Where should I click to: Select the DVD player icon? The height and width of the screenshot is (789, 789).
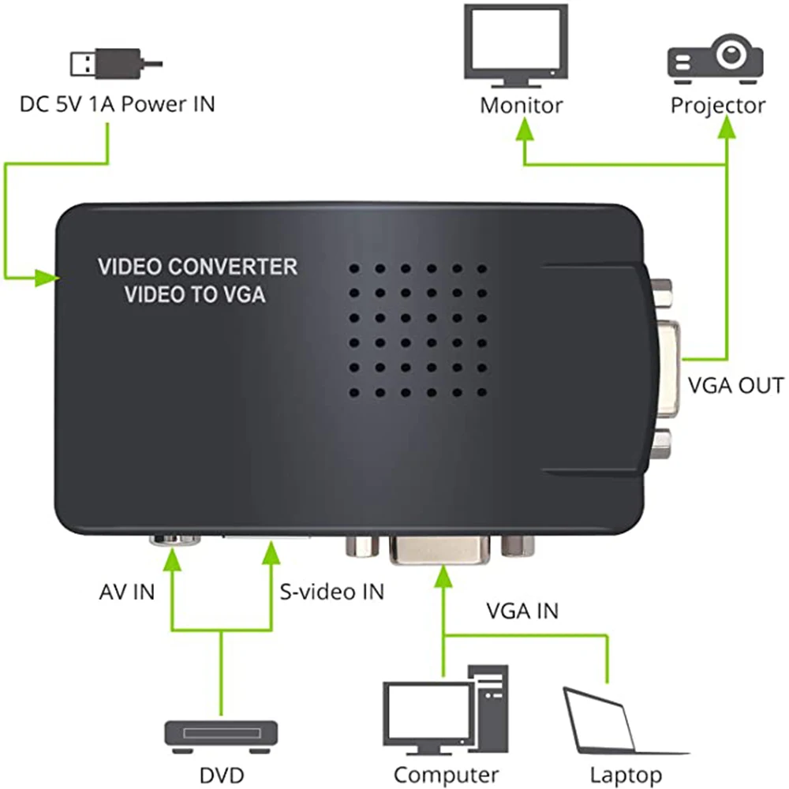point(221,735)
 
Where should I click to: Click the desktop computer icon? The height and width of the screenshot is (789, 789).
point(446,711)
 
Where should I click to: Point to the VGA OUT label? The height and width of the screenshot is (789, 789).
point(735,386)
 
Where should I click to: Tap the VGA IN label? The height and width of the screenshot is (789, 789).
point(522,610)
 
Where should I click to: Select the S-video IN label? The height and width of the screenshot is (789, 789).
point(332,591)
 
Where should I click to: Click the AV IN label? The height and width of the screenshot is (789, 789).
point(127,591)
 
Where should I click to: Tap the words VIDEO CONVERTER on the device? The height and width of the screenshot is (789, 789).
point(197,267)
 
